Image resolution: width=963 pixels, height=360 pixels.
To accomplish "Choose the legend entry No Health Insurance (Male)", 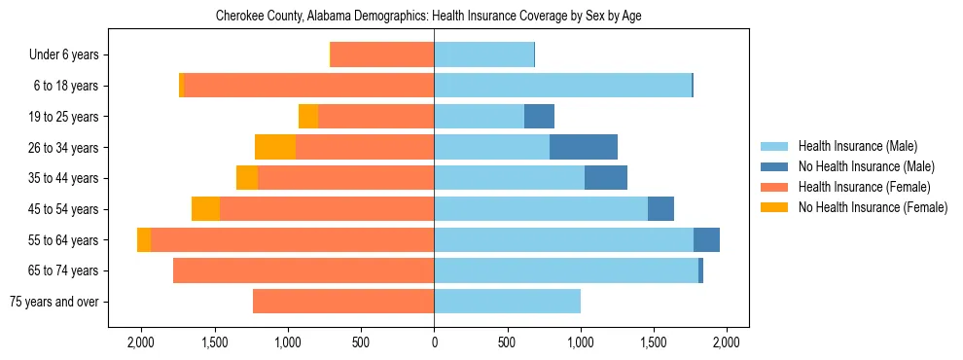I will pyautogui.click(x=866, y=166).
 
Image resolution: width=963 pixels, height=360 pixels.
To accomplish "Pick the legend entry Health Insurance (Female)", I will pyautogui.click(x=864, y=187).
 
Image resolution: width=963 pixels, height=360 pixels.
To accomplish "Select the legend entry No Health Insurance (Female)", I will pyautogui.click(x=872, y=207).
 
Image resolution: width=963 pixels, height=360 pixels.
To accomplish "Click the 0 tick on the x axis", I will pyautogui.click(x=434, y=342).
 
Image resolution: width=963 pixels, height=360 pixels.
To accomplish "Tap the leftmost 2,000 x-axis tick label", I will pyautogui.click(x=141, y=342).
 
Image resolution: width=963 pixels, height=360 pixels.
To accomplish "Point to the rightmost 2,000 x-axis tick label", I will pyautogui.click(x=727, y=342).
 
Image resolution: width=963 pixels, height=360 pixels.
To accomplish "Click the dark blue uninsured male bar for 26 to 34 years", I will pyautogui.click(x=584, y=147).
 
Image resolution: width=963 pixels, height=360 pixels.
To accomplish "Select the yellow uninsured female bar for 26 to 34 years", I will pyautogui.click(x=275, y=147).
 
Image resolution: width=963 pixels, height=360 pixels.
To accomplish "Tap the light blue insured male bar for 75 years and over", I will pyautogui.click(x=507, y=302).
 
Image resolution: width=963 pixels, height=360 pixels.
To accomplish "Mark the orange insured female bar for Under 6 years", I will pyautogui.click(x=382, y=54).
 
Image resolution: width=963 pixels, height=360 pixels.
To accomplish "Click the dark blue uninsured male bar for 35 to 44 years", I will pyautogui.click(x=606, y=178).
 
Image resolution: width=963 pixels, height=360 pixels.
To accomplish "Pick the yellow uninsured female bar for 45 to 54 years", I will pyautogui.click(x=205, y=209).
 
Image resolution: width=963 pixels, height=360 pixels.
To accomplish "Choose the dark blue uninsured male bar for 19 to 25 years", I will pyautogui.click(x=539, y=117).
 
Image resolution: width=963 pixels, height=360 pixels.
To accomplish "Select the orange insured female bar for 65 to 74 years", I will pyautogui.click(x=303, y=270).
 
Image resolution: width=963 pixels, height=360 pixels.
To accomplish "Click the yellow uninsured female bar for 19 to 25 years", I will pyautogui.click(x=308, y=117).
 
